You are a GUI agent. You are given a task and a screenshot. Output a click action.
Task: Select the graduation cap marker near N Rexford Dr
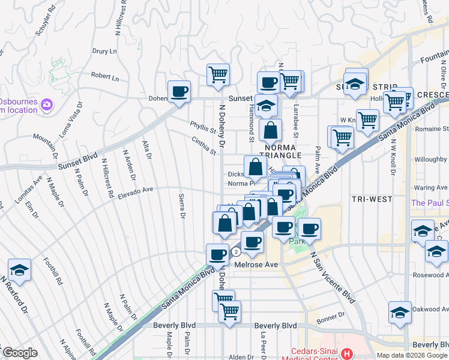[19, 271]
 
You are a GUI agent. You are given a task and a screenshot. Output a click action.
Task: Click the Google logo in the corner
[20, 353]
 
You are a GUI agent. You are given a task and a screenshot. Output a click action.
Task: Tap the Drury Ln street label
[104, 52]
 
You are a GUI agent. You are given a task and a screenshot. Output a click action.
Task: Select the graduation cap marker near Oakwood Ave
[400, 313]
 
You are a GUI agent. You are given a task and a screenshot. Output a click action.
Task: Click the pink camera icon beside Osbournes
[47, 106]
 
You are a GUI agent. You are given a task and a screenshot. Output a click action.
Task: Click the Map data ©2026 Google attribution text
[411, 355]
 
